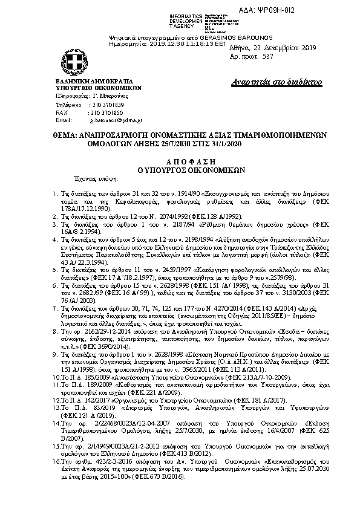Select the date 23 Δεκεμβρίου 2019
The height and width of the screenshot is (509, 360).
click(284, 48)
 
